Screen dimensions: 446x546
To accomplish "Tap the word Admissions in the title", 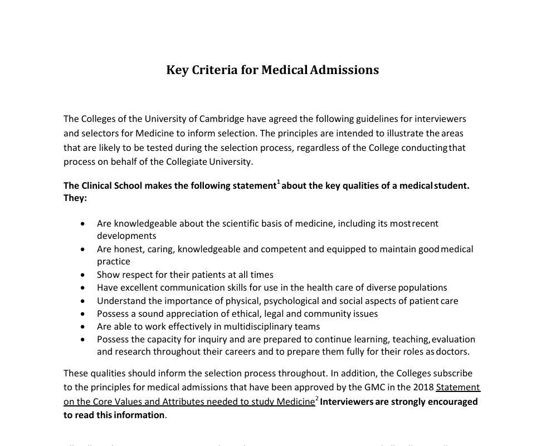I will click(344, 70).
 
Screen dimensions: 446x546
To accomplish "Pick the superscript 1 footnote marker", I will click(279, 182).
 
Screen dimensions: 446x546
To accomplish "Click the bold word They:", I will click(75, 198).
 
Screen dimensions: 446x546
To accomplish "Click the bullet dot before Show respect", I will click(83, 275).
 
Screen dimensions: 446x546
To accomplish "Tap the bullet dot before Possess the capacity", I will click(83, 339).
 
